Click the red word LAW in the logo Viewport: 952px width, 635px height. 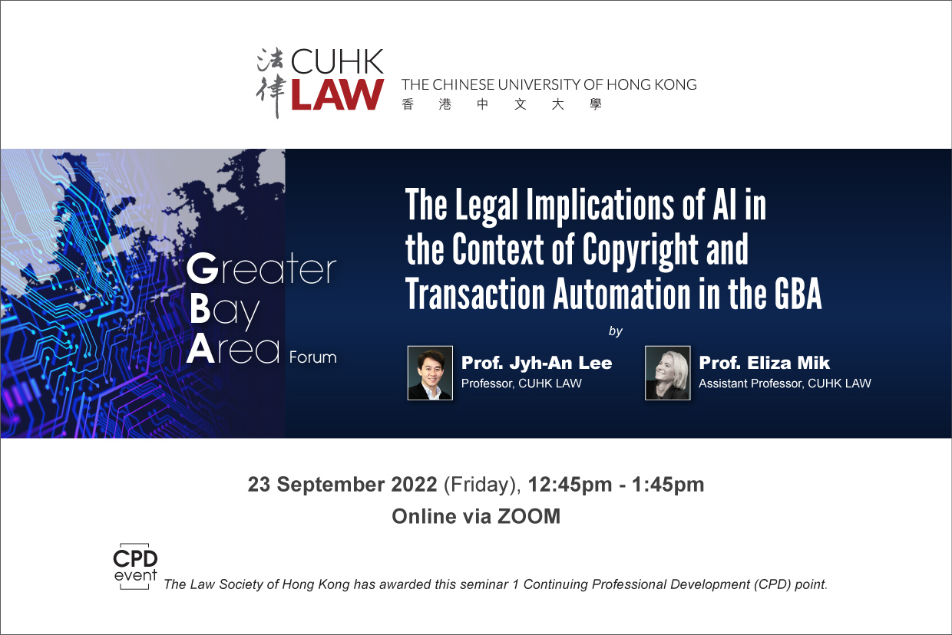(x=338, y=94)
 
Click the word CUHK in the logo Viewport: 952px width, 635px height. (x=337, y=62)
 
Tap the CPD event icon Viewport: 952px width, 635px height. (x=135, y=566)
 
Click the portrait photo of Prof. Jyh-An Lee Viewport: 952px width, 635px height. (x=430, y=373)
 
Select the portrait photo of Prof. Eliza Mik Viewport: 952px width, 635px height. (x=668, y=373)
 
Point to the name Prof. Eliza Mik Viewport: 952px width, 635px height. (x=764, y=363)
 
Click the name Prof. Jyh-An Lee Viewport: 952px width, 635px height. (x=537, y=363)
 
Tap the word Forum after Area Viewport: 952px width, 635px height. (x=312, y=357)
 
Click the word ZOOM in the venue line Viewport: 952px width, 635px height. (x=529, y=517)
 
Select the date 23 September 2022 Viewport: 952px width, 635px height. (x=342, y=485)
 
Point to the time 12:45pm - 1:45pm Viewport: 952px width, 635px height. (x=616, y=485)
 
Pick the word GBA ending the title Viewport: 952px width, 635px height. (x=797, y=294)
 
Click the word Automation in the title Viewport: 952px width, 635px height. (x=622, y=294)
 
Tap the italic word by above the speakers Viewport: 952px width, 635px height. (x=616, y=331)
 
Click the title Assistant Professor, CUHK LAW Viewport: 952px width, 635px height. (x=785, y=383)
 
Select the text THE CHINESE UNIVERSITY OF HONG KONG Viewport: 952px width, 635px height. (x=549, y=84)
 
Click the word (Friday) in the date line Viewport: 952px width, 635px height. (x=482, y=485)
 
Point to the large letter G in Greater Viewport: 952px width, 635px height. (x=203, y=268)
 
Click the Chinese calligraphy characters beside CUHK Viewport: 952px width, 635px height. (x=270, y=82)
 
